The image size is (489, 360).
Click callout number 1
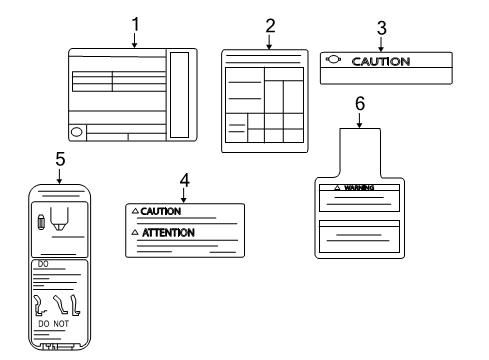click(x=136, y=21)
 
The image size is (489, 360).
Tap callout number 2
click(x=270, y=26)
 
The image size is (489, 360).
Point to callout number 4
click(x=184, y=180)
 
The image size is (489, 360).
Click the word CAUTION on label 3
click(x=382, y=61)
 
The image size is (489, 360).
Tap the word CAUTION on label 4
click(x=161, y=212)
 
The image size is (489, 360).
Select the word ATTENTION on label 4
click(x=168, y=232)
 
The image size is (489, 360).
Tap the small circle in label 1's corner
click(x=76, y=132)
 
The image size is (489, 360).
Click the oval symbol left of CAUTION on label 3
click(x=333, y=60)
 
